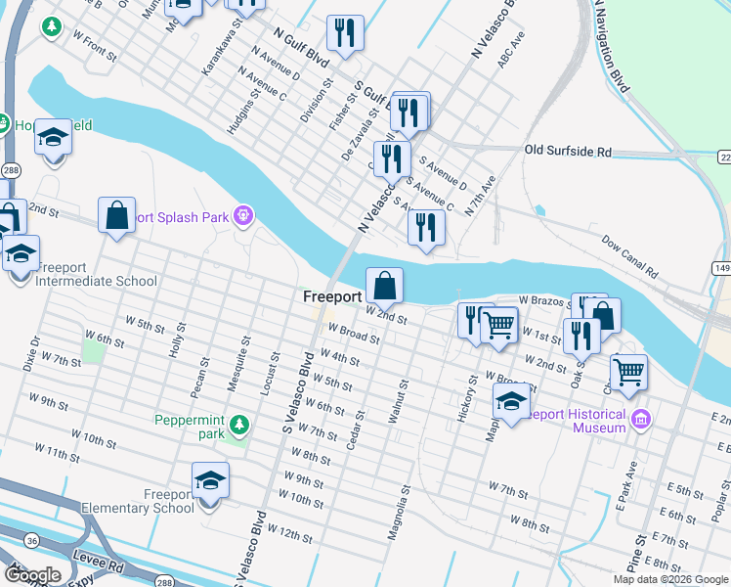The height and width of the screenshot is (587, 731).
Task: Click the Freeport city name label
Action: (x=332, y=295)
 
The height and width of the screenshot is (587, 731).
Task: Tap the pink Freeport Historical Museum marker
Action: (x=641, y=420)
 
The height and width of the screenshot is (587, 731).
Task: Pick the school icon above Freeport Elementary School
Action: (x=209, y=480)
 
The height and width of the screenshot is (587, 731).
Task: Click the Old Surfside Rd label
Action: (x=567, y=152)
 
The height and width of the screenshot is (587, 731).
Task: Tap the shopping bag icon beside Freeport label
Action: (x=385, y=287)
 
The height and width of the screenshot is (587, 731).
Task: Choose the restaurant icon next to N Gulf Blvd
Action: (x=345, y=33)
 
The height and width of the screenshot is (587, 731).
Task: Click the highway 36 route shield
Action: (x=33, y=539)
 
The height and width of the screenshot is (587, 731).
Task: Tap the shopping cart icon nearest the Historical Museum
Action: (x=627, y=372)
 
